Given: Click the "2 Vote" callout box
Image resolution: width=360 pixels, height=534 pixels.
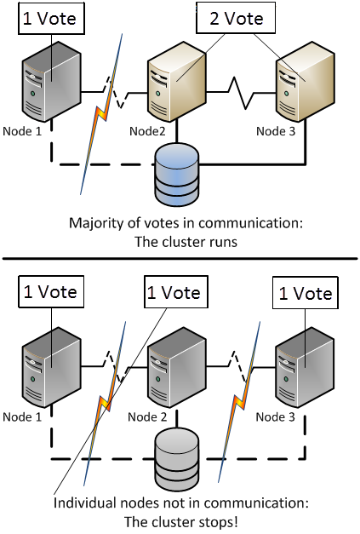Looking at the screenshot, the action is tap(236, 18).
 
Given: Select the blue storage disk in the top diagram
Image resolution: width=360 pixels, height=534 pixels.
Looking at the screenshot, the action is tap(177, 175).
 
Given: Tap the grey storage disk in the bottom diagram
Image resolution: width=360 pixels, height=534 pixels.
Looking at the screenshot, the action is tap(177, 458).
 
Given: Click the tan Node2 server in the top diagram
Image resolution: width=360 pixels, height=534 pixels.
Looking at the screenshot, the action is tap(177, 82).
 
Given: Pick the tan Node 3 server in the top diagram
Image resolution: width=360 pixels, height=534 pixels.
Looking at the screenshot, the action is tap(305, 82).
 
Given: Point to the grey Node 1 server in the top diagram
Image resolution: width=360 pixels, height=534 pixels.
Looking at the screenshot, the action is tap(51, 82).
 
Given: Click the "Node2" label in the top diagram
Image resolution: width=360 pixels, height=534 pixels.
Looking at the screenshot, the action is tap(147, 131).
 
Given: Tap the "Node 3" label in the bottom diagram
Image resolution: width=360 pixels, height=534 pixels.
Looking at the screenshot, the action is tap(275, 416).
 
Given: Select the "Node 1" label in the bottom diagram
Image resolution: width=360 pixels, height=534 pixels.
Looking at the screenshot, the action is tap(22, 416).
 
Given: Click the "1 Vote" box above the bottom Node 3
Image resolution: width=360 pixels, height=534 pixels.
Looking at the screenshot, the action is tap(306, 293).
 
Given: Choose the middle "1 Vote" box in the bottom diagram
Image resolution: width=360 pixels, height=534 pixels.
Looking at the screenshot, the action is tap(176, 292).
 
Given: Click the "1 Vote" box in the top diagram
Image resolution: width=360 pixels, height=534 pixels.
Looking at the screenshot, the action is tap(51, 18).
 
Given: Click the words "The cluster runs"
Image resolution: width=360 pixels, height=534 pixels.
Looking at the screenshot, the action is tap(186, 242).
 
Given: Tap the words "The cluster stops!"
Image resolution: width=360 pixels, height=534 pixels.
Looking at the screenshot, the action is tap(180, 522).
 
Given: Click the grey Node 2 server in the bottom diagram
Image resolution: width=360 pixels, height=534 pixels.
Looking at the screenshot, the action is tap(177, 367).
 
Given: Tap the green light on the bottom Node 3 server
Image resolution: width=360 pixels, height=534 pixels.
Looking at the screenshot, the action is tap(286, 379).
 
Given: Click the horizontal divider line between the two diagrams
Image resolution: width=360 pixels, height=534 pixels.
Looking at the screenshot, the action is tap(180, 259).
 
